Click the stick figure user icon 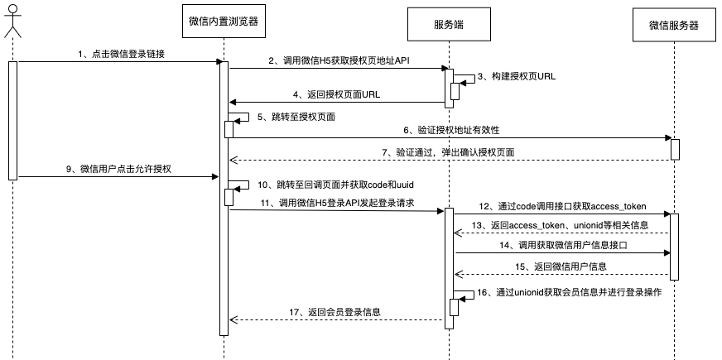point(12,20)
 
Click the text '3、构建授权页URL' point(518,75)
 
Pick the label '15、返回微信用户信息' point(561,266)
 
